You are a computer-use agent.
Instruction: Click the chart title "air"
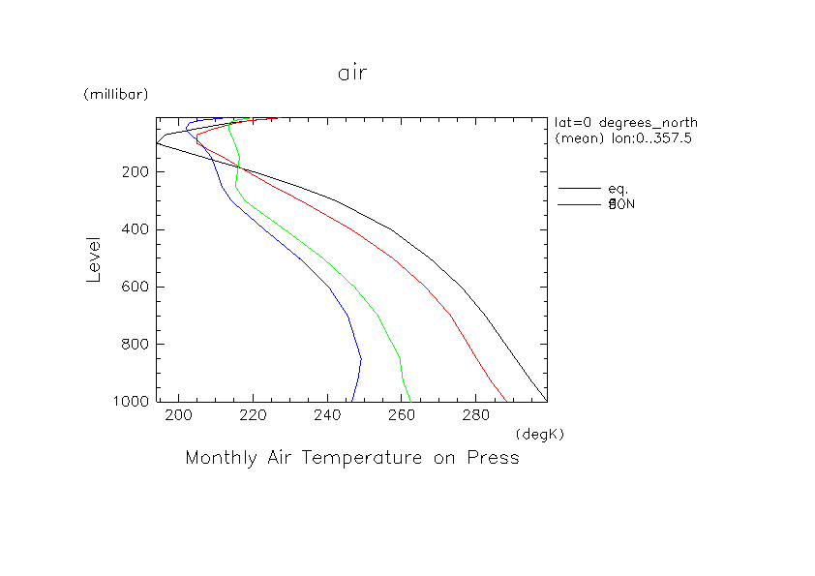(352, 74)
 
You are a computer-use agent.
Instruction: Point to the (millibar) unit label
(115, 94)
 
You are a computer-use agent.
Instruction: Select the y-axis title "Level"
(94, 258)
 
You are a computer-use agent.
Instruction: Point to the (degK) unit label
(540, 434)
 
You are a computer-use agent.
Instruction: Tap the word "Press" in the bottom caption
(494, 458)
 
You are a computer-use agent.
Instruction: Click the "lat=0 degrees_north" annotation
(625, 123)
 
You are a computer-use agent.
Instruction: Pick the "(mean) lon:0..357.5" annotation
(623, 138)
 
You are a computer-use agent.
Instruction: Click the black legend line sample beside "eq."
(581, 188)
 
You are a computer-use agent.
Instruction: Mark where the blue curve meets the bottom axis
(352, 401)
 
